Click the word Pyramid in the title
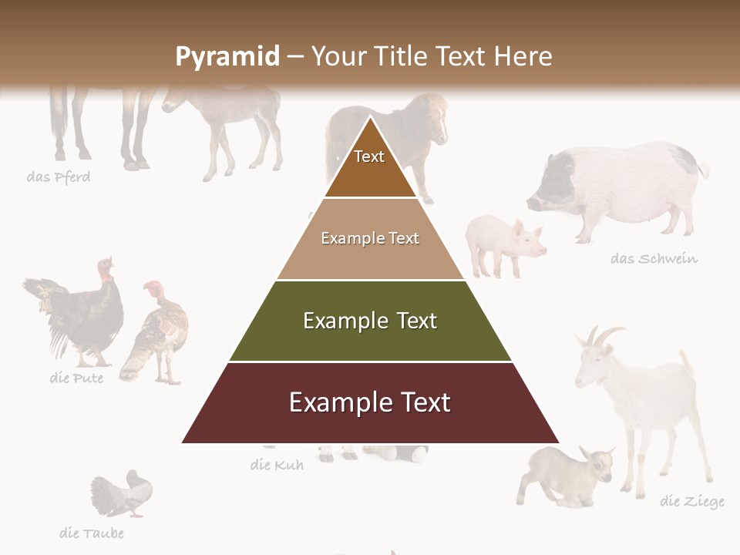[227, 56]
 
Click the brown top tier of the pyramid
[370, 166]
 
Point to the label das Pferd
[59, 177]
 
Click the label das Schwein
[654, 258]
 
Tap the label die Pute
[76, 378]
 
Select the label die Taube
[91, 533]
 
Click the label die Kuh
[277, 465]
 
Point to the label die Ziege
[692, 502]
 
